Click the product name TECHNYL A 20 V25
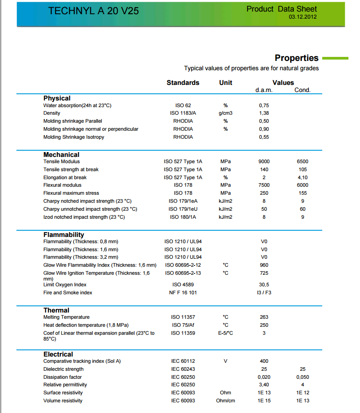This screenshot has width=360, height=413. point(93,11)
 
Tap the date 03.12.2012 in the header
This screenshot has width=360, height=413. point(303,17)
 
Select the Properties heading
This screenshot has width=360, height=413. point(296,58)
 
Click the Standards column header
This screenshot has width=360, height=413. point(183,83)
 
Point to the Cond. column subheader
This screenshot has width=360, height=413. point(302,90)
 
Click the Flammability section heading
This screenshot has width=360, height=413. point(64,235)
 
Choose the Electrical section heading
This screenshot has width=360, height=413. point(58,354)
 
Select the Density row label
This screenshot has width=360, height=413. point(52,113)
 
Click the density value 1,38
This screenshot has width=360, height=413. point(264,113)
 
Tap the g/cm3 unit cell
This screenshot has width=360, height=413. point(225,113)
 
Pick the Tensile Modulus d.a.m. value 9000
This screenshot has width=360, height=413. point(264,162)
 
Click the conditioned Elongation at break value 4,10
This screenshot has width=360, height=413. point(302,177)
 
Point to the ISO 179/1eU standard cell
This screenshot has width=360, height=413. point(183,209)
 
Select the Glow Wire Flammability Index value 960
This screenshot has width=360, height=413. point(264,265)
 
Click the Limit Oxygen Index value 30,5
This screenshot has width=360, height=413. point(264,285)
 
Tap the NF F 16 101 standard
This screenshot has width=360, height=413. point(183,293)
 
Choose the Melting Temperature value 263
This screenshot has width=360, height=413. point(264,317)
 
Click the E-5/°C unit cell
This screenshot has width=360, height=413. point(225,333)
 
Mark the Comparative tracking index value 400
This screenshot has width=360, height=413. point(264,361)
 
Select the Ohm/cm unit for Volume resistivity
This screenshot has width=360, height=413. point(225,401)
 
